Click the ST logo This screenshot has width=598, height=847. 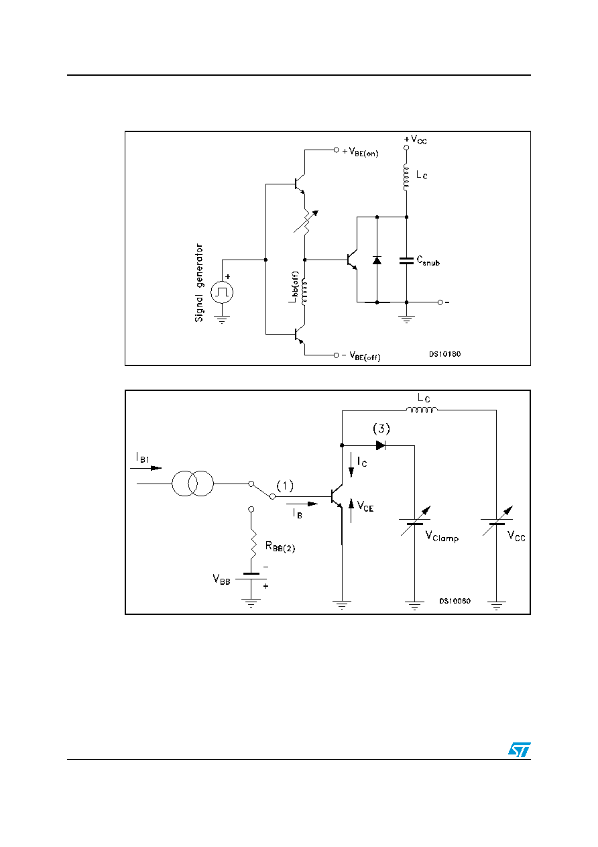coord(519,750)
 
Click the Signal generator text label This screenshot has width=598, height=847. coord(199,282)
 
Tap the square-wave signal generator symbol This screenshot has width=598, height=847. coord(222,292)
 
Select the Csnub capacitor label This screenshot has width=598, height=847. coord(428,260)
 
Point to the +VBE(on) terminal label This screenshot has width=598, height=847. coord(360,152)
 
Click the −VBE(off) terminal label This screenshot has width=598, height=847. coord(361,356)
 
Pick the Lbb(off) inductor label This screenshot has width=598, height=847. coord(294,287)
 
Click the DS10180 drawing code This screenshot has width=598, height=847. coord(444,354)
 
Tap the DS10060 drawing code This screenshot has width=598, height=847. coord(455,601)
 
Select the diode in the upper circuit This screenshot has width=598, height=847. coord(377,260)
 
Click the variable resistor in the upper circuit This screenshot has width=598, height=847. coord(306,221)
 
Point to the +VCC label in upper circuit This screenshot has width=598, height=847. coord(415,139)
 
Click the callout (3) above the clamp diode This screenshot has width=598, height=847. coord(381,429)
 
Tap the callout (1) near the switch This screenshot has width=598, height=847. coord(285,486)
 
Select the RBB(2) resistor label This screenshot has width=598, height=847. coord(280,547)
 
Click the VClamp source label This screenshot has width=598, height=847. coord(442,537)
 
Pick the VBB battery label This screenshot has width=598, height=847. coord(221,579)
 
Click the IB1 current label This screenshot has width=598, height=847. coord(143,457)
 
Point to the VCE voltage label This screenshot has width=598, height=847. coord(365,506)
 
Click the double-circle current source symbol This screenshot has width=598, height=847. coord(193,484)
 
